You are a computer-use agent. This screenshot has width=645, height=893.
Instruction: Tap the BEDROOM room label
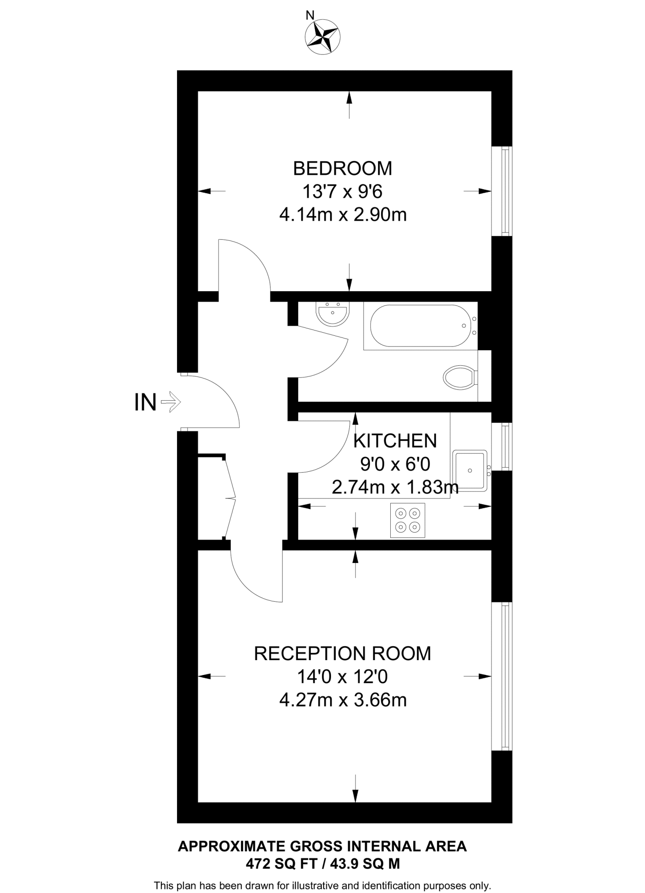[342, 168]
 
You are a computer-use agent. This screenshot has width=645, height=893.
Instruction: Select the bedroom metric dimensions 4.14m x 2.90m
[343, 215]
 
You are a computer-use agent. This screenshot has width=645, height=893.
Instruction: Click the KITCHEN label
[395, 441]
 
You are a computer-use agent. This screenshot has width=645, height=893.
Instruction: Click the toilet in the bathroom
[461, 377]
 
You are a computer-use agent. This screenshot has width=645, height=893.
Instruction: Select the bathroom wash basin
[332, 313]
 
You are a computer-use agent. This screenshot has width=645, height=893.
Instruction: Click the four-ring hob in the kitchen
[408, 521]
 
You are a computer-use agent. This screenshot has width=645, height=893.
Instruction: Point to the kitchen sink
[471, 471]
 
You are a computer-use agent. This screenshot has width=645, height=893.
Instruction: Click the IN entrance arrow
[171, 402]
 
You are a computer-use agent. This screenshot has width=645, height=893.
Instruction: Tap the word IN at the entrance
[145, 402]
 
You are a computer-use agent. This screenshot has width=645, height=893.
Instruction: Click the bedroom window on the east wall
[502, 191]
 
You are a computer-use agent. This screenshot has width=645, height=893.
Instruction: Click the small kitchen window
[502, 446]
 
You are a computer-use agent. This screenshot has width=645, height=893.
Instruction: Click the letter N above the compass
[310, 16]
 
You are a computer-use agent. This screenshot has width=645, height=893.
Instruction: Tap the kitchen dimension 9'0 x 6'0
[395, 464]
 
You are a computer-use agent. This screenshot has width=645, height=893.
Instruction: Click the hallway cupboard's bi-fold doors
[230, 498]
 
